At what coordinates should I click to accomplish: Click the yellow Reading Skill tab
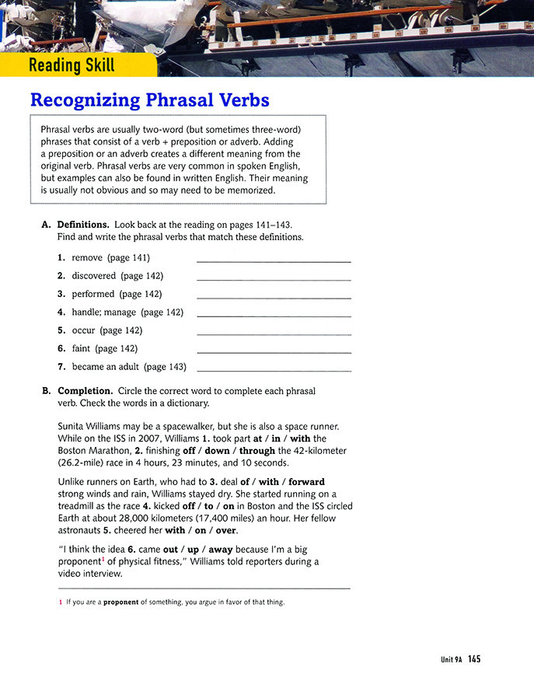tap(72, 65)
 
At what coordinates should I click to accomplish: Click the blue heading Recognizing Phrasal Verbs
tap(149, 100)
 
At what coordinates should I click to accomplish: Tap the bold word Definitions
tap(83, 225)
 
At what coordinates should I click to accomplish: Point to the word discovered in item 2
tap(94, 276)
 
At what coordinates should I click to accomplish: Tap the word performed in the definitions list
tap(93, 295)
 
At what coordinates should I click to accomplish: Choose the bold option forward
tap(306, 482)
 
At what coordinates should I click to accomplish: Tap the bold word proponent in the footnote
tap(120, 602)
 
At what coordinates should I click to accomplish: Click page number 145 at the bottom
tap(474, 659)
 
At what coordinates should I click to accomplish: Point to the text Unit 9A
tap(451, 660)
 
